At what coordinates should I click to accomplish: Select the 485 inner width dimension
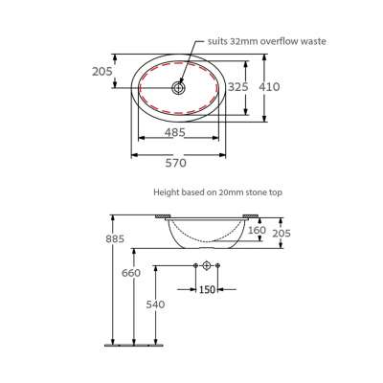[x=174, y=133]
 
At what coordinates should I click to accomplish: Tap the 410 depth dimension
[x=270, y=86]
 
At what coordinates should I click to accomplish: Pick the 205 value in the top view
[x=103, y=71]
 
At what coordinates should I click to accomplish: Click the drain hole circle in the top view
[x=179, y=87]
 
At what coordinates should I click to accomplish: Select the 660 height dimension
[x=131, y=273]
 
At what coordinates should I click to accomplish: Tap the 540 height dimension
[x=155, y=304]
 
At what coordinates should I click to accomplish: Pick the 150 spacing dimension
[x=207, y=288]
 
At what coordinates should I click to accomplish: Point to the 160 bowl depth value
[x=257, y=230]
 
